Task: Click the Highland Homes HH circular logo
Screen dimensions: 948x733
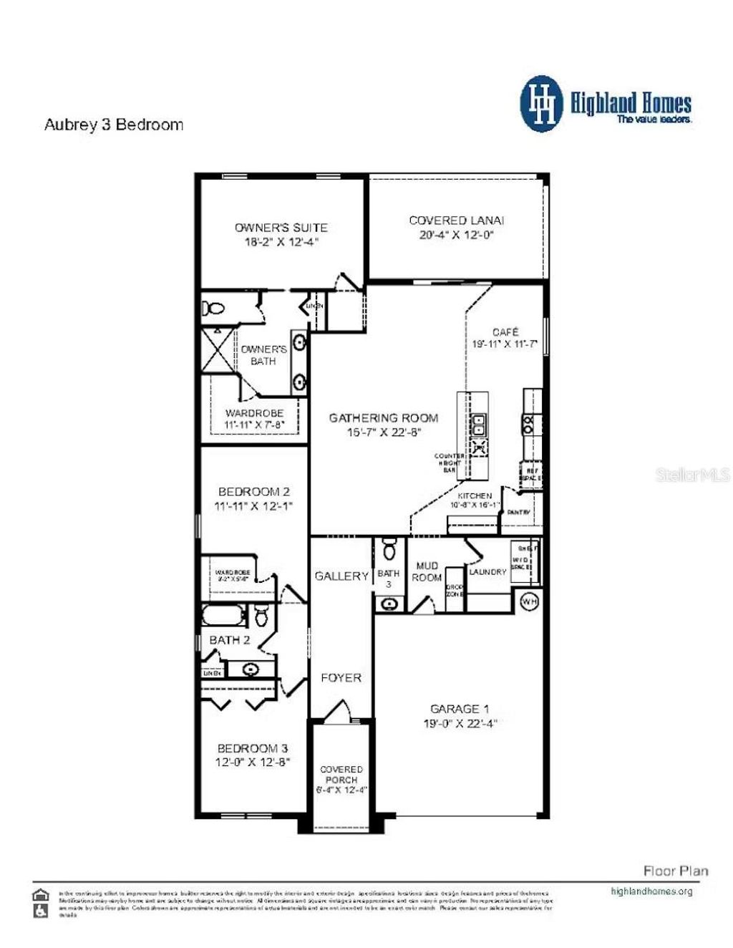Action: click(543, 105)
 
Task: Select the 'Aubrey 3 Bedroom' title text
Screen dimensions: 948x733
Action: click(114, 125)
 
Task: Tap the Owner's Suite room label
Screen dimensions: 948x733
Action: click(281, 228)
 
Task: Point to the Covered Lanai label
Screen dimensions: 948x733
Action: click(457, 221)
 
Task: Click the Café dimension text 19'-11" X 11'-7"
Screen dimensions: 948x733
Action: click(505, 344)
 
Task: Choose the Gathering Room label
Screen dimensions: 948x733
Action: click(383, 417)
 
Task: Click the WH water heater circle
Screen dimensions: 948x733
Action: click(529, 601)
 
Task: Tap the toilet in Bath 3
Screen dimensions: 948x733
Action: click(389, 549)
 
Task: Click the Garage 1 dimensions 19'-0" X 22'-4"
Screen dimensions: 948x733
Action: click(460, 723)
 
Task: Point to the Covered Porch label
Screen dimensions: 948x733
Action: click(341, 775)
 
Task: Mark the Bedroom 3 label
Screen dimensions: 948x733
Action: click(253, 748)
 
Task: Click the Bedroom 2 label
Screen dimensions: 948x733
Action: click(253, 492)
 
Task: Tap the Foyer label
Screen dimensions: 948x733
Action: click(341, 677)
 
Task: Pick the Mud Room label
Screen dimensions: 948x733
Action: click(427, 571)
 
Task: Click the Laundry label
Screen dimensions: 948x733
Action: click(487, 572)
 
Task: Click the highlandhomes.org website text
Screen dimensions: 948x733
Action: click(651, 891)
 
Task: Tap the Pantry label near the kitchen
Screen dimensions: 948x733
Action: click(518, 513)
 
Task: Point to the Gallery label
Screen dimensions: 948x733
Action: click(341, 576)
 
